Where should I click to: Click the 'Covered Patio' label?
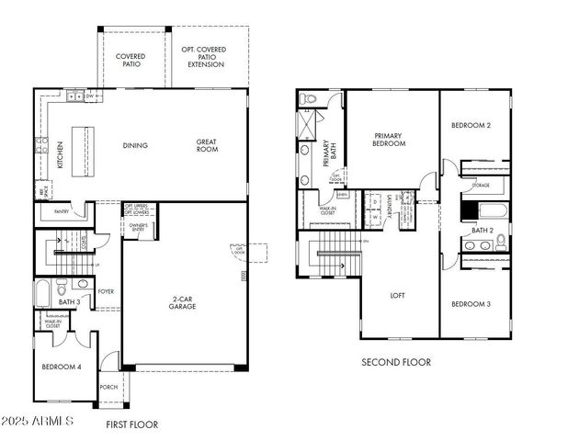point(131,61)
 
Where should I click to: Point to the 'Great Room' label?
point(206,145)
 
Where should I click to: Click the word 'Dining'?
point(135,145)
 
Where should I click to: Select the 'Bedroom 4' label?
point(61,367)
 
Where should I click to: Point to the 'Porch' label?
point(108,387)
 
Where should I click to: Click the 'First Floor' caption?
point(131,424)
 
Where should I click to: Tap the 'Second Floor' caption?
point(395,362)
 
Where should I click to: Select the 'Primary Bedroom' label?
point(389,140)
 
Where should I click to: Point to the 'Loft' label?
point(397,296)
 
